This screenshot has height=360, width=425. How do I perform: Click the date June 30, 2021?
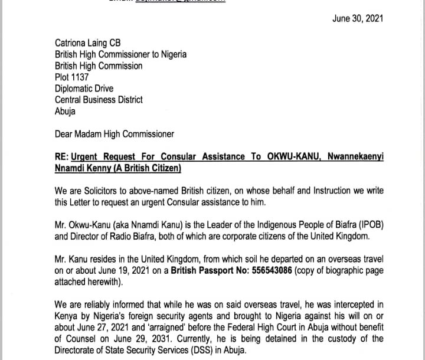(x=358, y=18)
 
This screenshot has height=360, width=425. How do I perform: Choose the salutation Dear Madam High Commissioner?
(x=115, y=134)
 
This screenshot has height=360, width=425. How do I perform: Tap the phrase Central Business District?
(x=99, y=100)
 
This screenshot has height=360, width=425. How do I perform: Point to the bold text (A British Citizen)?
(x=138, y=169)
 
